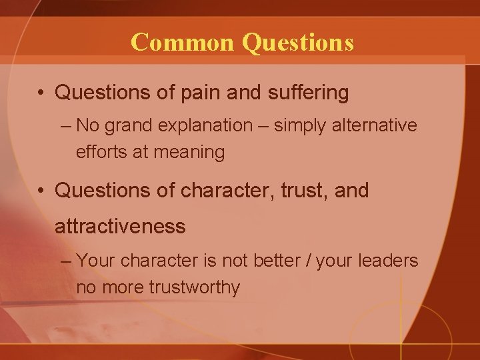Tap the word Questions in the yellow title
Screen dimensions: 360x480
pos(298,42)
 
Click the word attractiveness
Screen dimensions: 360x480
pos(120,227)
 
